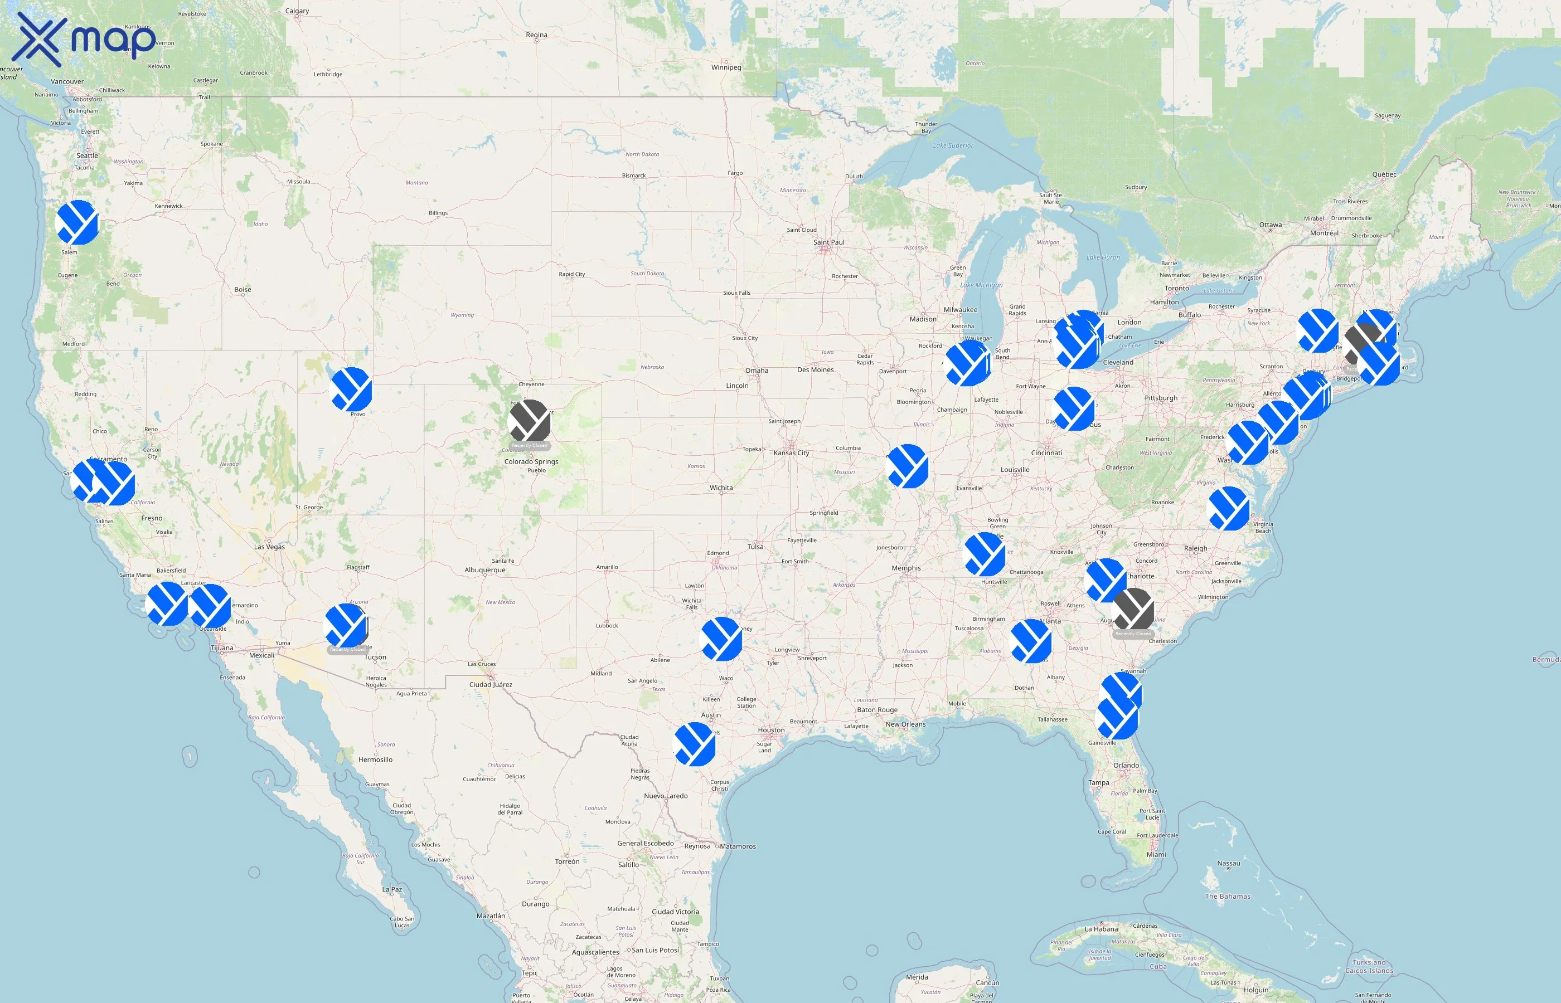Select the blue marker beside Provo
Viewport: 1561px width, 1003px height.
point(351,389)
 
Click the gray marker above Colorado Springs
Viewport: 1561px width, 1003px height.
point(530,421)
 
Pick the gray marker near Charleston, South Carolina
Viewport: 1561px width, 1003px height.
point(1133,610)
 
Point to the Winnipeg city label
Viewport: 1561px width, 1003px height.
point(726,67)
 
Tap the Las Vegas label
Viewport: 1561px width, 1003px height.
point(269,547)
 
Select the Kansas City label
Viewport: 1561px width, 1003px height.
point(791,452)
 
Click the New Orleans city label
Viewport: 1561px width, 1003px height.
point(905,724)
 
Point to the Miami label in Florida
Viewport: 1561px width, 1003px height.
point(1156,855)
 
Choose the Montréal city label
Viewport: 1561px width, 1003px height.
point(1324,232)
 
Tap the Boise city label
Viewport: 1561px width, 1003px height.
point(243,289)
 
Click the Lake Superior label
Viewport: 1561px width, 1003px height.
point(953,145)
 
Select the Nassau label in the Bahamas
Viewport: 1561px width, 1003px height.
point(1228,864)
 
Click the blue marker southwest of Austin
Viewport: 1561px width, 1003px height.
point(695,743)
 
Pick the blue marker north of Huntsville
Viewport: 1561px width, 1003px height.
point(985,554)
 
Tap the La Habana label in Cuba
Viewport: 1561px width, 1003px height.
point(1102,929)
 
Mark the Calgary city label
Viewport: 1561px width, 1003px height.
point(297,11)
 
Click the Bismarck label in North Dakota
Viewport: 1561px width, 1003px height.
point(633,175)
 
